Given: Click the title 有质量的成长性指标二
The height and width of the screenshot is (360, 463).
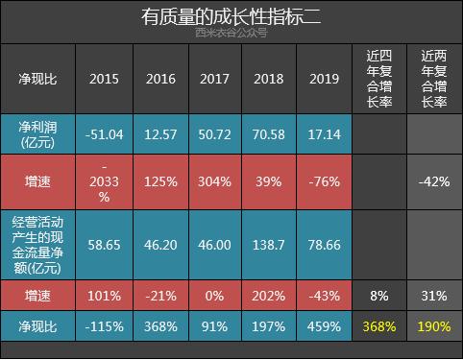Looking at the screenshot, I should [x=231, y=17].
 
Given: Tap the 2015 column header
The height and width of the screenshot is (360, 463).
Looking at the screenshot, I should [x=104, y=78].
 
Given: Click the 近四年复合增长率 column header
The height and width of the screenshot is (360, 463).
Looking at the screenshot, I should [x=378, y=78].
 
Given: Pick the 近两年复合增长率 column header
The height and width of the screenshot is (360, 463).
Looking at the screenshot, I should [x=434, y=78].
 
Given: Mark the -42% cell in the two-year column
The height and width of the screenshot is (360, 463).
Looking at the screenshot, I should [x=434, y=182].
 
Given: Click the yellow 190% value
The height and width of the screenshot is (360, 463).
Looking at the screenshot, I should [x=434, y=326].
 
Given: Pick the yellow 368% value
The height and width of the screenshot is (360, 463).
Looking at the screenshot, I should [x=378, y=326].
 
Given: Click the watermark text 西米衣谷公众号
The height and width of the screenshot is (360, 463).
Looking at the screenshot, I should [x=231, y=34].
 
